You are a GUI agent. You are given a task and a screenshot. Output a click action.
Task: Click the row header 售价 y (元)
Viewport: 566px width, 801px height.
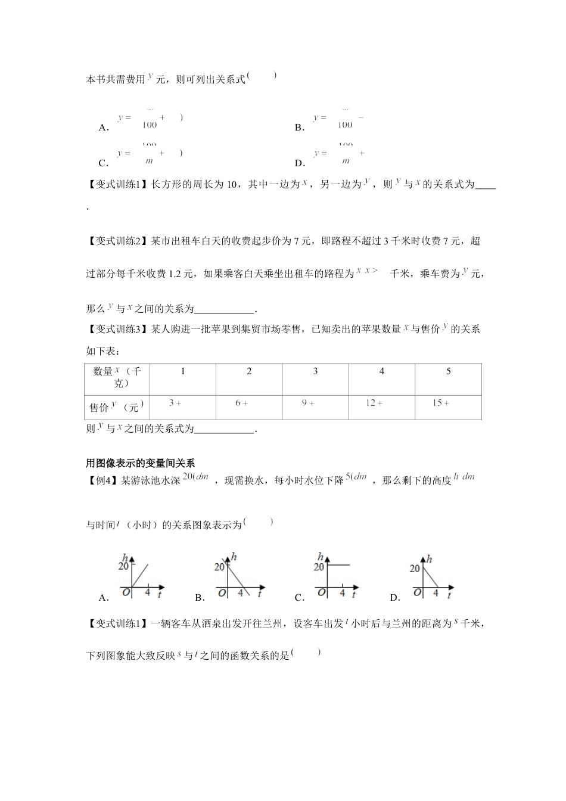(x=117, y=407)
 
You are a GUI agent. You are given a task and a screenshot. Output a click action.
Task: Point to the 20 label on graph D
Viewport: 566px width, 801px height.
(x=415, y=569)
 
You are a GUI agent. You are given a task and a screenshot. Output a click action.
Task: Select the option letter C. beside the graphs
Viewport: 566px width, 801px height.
(x=300, y=598)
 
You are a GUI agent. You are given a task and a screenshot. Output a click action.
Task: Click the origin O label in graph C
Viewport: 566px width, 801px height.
(x=322, y=592)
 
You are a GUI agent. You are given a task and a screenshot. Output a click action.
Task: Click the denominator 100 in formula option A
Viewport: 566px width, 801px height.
(x=150, y=125)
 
